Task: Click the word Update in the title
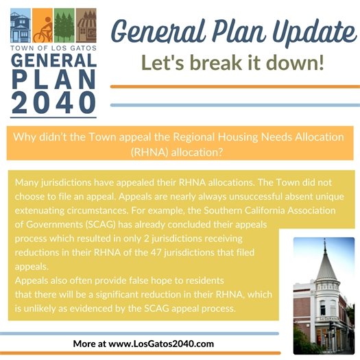307,31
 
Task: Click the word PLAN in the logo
53,78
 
